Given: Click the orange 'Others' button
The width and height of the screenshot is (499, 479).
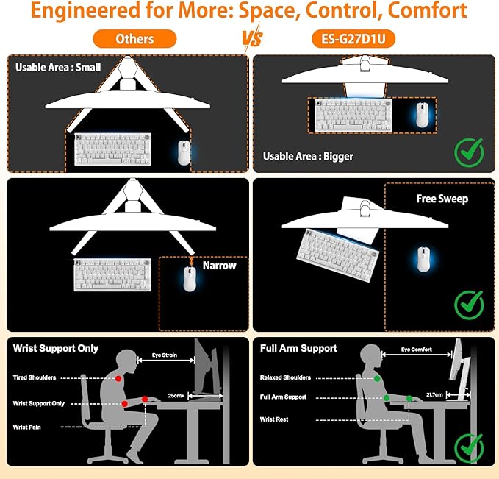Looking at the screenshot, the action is click(134, 39).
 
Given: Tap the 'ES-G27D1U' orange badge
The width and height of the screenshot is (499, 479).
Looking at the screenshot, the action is click(353, 39).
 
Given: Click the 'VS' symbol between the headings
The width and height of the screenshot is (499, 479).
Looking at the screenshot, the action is click(253, 38).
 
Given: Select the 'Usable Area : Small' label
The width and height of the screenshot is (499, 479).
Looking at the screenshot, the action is click(58, 67).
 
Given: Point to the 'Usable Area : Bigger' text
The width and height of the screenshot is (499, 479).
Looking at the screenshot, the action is click(308, 156).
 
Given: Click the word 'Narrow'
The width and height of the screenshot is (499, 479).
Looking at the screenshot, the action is click(220, 266).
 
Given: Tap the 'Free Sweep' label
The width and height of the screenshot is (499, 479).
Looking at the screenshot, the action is click(442, 199).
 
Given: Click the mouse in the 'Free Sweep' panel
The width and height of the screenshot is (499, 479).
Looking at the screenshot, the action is click(423, 260).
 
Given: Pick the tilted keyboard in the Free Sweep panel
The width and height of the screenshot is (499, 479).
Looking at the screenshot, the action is click(338, 255).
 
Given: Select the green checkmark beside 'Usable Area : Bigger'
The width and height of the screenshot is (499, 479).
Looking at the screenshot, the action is click(469, 152).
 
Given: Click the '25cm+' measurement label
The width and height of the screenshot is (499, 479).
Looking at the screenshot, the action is click(176, 396).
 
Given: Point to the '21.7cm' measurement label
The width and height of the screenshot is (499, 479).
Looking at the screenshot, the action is click(434, 394).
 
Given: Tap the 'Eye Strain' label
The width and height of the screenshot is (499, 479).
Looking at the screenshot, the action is click(164, 355).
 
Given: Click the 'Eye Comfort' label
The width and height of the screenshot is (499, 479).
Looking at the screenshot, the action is click(416, 350).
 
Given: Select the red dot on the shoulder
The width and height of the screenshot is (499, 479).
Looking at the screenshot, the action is click(118, 378).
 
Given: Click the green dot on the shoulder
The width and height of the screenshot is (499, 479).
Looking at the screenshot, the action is click(377, 379).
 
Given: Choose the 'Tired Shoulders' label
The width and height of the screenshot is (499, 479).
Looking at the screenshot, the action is click(35, 377).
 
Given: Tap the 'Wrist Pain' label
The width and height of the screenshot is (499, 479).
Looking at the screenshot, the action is click(26, 427).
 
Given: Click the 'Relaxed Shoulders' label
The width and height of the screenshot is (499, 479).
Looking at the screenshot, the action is click(285, 377).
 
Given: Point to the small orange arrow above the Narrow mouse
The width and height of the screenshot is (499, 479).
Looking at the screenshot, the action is click(191, 261).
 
